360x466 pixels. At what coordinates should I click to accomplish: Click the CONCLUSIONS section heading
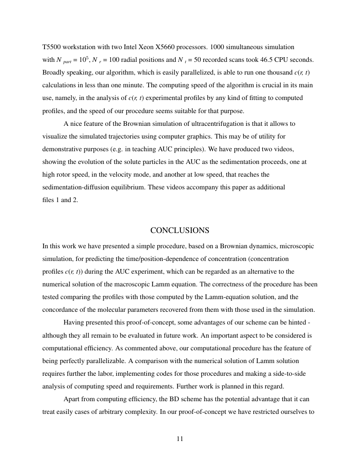tap(180, 230)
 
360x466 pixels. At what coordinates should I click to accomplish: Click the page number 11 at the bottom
tap(180, 439)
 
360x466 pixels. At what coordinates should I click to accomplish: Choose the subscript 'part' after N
tap(67, 61)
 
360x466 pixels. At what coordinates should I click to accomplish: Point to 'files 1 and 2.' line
tap(60, 200)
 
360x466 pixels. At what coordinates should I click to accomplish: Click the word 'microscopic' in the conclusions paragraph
tap(298, 246)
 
